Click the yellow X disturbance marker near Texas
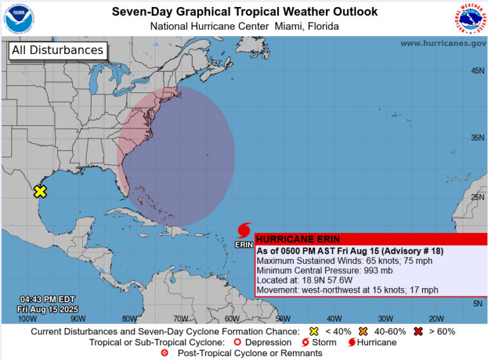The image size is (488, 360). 40,191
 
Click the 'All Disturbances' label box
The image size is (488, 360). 57,50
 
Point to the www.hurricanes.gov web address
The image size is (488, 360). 443,43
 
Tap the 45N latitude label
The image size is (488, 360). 477,71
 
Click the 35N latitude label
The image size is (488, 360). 477,137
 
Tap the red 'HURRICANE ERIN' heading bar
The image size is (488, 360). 371,239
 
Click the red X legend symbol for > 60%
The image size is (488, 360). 417,331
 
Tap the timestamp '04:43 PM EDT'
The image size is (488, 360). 48,300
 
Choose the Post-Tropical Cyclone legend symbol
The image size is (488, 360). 165,353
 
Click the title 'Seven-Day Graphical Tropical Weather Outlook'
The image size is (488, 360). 245,11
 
